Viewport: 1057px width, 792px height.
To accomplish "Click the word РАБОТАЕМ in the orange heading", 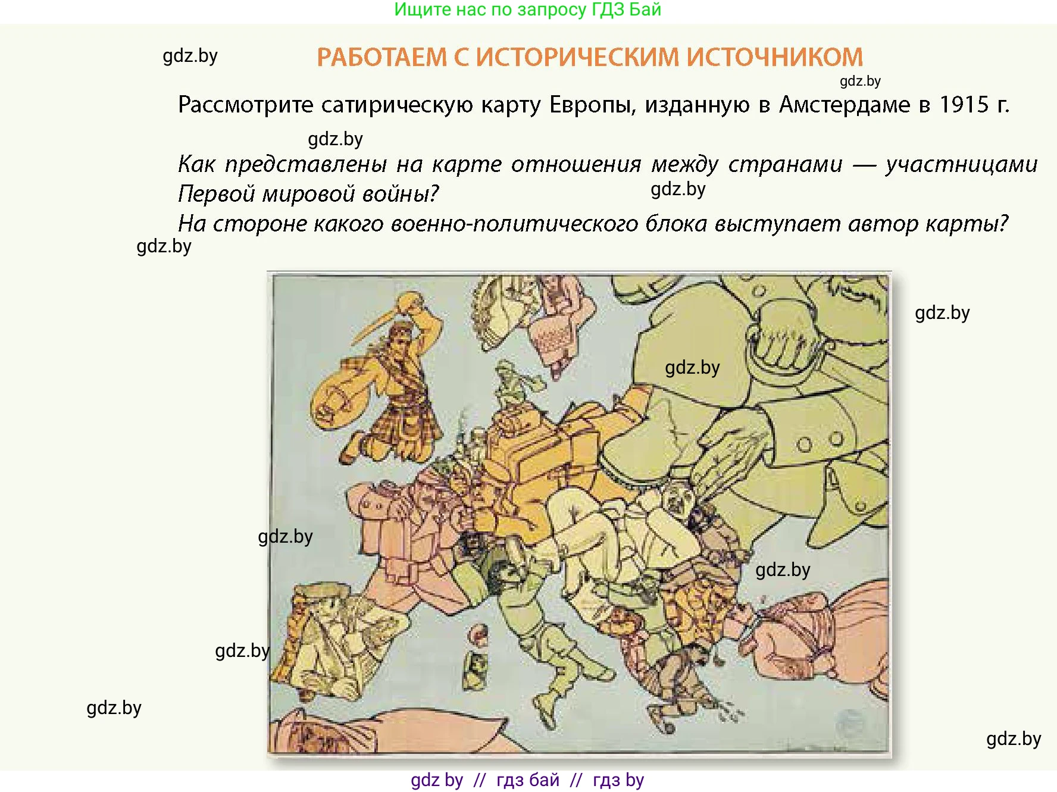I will coord(381,57).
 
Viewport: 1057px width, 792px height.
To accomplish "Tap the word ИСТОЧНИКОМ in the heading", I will coord(774,57).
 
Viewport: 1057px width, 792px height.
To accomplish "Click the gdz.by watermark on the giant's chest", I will coord(692,368).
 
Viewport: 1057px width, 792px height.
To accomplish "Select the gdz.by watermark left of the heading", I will coord(190,56).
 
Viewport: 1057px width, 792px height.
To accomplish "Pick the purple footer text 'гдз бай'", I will coord(527,780).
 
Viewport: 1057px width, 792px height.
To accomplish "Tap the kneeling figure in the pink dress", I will coord(553,333).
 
